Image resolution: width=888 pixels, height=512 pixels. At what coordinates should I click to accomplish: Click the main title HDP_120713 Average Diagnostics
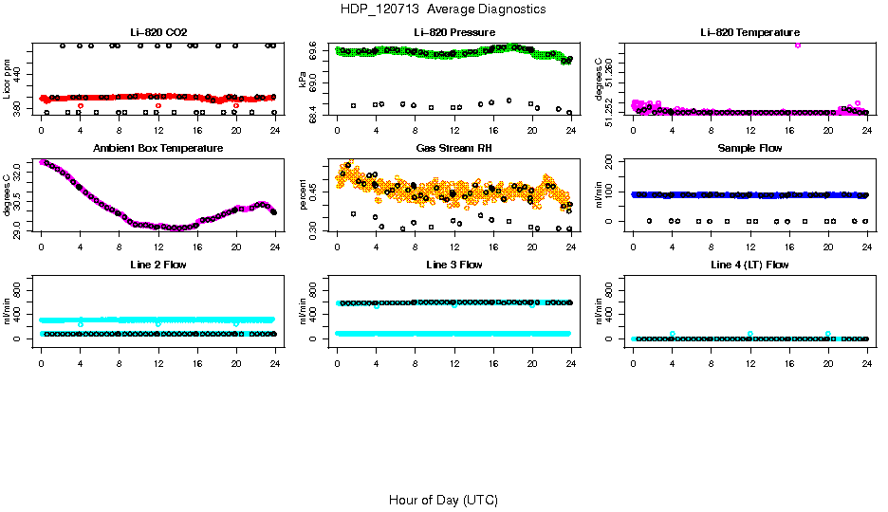pyautogui.click(x=443, y=9)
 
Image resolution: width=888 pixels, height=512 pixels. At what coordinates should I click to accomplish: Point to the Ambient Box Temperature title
pyautogui.click(x=157, y=149)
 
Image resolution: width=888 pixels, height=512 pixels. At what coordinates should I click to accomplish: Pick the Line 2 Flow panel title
pyautogui.click(x=157, y=265)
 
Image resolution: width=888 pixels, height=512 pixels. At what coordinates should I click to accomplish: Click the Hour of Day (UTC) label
pyautogui.click(x=443, y=500)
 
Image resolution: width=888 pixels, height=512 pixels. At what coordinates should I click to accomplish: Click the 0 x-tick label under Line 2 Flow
pyautogui.click(x=41, y=362)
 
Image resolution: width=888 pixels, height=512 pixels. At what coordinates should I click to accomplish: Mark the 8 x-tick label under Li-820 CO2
pyautogui.click(x=119, y=131)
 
